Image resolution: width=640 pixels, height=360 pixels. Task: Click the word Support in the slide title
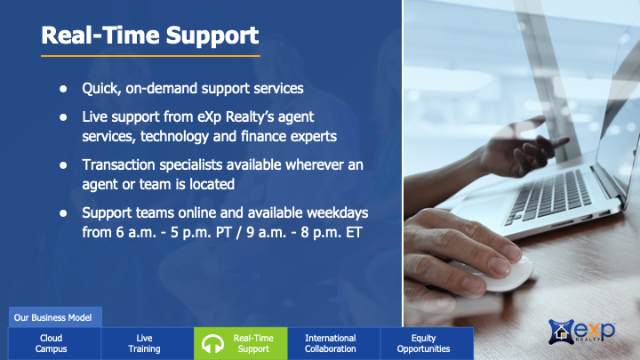click(212, 36)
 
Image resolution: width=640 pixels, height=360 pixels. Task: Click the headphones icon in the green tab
click(212, 344)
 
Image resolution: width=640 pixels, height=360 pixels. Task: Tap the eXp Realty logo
click(581, 331)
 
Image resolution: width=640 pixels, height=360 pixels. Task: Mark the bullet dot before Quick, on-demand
click(63, 89)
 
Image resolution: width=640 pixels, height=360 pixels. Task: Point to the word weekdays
click(338, 213)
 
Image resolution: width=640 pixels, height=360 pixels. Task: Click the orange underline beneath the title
click(150, 56)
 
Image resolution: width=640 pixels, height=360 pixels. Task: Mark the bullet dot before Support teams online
click(63, 213)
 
